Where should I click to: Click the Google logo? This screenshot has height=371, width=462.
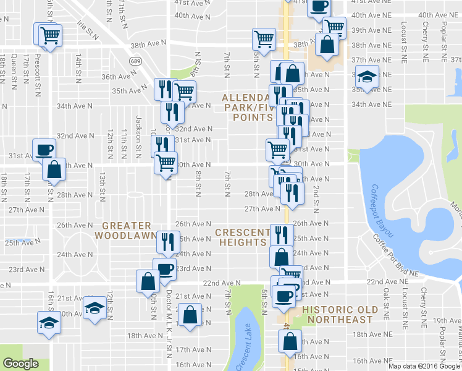20,364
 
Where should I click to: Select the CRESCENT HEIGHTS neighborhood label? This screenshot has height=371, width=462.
241,237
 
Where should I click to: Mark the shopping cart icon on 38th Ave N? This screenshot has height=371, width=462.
264,39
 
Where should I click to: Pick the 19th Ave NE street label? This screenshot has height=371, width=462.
447,320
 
